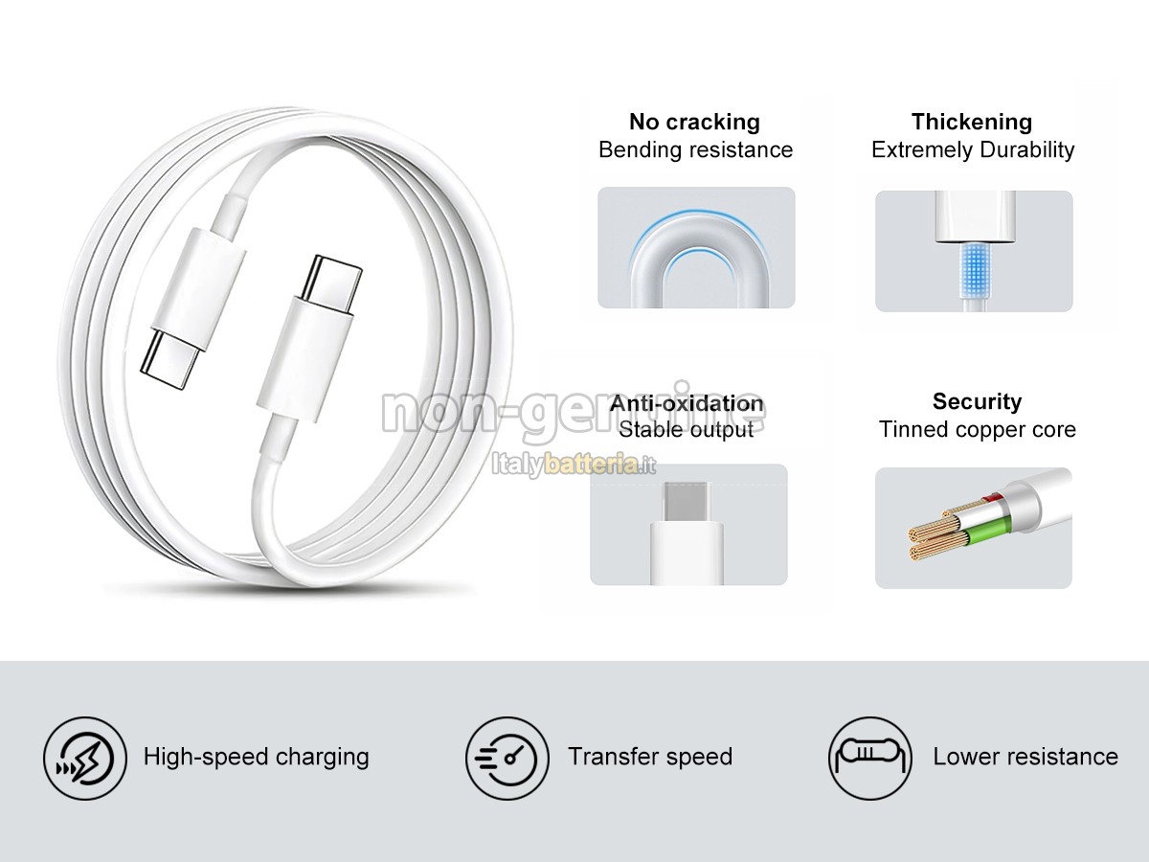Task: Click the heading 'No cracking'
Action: (694, 122)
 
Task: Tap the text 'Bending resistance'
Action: (695, 149)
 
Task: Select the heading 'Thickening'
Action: (971, 122)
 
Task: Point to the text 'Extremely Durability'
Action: (973, 149)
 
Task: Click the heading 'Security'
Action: (977, 401)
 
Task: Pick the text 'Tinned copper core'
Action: (977, 429)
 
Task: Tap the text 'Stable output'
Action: (686, 429)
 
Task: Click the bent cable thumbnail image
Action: (696, 248)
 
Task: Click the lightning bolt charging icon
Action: (84, 758)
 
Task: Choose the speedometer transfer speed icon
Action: (507, 758)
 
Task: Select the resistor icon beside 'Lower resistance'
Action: (870, 758)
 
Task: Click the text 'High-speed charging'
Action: (256, 757)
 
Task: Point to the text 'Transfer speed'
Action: (650, 757)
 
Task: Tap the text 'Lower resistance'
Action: (1025, 757)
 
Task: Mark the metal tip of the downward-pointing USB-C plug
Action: (170, 353)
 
